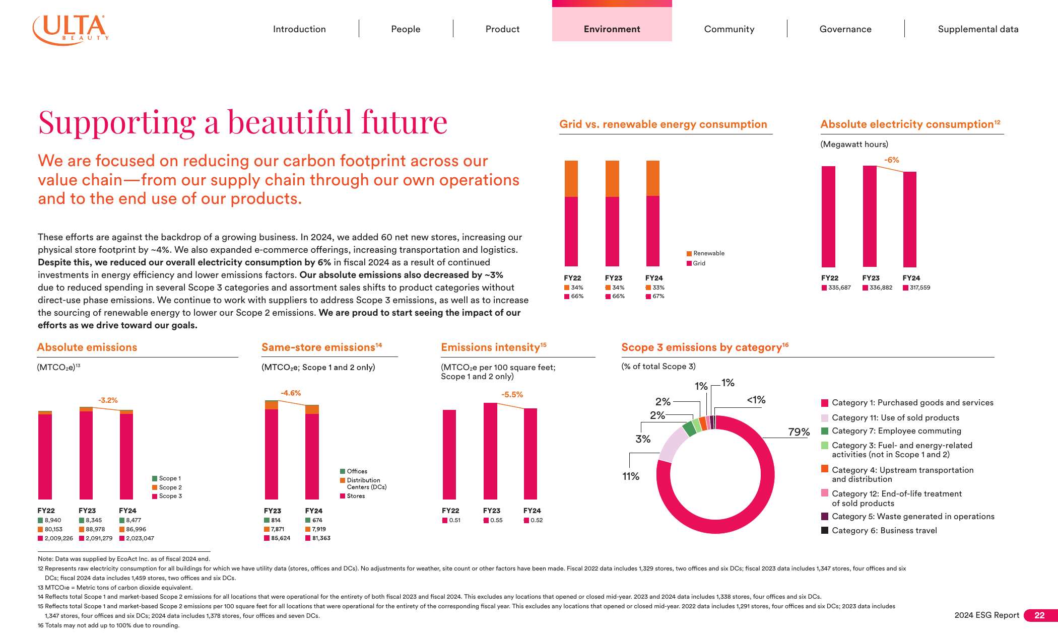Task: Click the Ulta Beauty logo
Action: pyautogui.click(x=71, y=30)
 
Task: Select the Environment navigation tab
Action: pyautogui.click(x=612, y=29)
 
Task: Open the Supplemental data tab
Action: pyautogui.click(x=978, y=29)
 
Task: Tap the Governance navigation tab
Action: pyautogui.click(x=845, y=29)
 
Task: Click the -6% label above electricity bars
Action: pyautogui.click(x=892, y=160)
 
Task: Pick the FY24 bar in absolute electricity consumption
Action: pyautogui.click(x=910, y=220)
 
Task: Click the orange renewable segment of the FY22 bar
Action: pyautogui.click(x=571, y=179)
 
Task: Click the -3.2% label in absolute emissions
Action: pyautogui.click(x=108, y=400)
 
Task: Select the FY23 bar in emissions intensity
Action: pyautogui.click(x=490, y=451)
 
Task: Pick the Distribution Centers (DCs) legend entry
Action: pyautogui.click(x=363, y=483)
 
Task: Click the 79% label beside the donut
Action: pyautogui.click(x=799, y=432)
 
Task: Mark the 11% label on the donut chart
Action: pyautogui.click(x=631, y=476)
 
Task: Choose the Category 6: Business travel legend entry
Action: pyautogui.click(x=879, y=531)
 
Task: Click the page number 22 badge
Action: pyautogui.click(x=1040, y=615)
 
